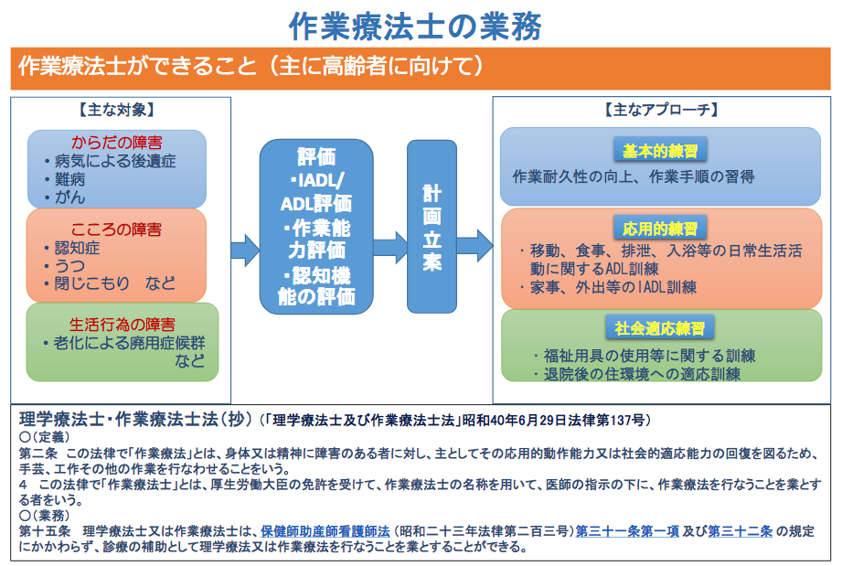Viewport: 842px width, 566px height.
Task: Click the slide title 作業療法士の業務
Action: [x=421, y=24]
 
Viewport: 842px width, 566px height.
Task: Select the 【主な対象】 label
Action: [x=122, y=110]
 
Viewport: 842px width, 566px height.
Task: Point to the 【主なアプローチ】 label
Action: [x=661, y=110]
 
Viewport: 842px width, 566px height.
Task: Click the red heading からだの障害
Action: [x=117, y=143]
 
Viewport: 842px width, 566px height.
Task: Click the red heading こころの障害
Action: [x=117, y=229]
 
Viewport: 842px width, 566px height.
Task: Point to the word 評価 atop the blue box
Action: [x=316, y=156]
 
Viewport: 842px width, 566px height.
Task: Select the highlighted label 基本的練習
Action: [x=660, y=152]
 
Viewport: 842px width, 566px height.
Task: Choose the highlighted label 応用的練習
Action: [x=660, y=229]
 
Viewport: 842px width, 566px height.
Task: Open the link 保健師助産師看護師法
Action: [x=325, y=529]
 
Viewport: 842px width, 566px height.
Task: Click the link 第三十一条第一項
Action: [x=624, y=529]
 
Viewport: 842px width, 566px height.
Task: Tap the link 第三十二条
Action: [x=741, y=529]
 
